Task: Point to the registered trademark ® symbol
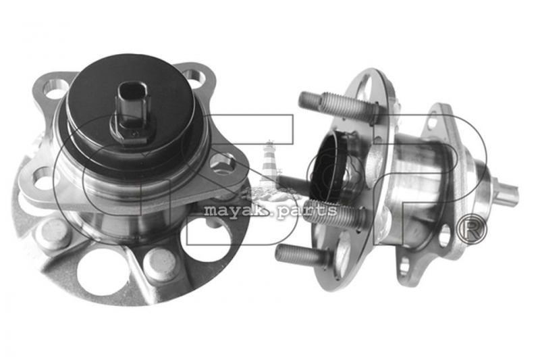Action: pos(471,230)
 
